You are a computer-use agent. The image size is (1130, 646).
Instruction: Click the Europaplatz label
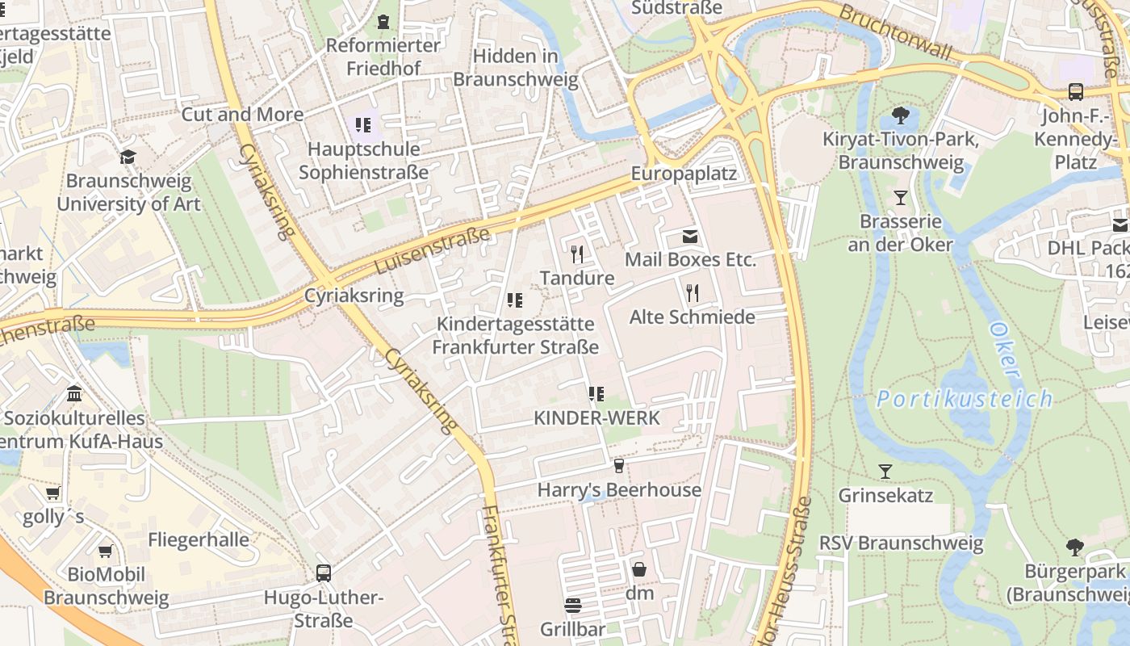tap(684, 174)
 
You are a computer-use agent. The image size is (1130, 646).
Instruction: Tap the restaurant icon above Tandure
tap(576, 254)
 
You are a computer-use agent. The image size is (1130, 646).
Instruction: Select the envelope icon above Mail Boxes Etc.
tap(690, 237)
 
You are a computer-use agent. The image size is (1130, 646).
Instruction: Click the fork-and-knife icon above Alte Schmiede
tap(692, 292)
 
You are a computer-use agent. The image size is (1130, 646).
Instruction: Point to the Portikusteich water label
tap(965, 399)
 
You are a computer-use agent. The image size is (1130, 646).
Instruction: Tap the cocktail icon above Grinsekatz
tap(885, 471)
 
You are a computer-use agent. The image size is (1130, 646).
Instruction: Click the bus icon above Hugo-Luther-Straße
tap(324, 573)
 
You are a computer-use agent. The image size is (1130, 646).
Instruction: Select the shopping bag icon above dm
tap(639, 569)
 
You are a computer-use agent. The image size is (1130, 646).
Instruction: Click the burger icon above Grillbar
tap(572, 605)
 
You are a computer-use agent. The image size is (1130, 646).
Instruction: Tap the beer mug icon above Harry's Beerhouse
tap(619, 466)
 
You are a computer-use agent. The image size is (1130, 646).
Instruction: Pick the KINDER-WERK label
tap(596, 417)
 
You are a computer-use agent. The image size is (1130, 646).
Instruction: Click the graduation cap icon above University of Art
tap(128, 157)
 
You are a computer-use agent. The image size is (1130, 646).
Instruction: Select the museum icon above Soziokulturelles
tap(74, 394)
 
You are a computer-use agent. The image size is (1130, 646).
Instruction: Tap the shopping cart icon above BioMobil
tap(106, 551)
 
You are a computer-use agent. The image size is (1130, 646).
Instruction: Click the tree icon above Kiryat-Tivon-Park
tap(901, 115)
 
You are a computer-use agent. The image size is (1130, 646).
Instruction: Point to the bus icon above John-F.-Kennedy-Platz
tap(1076, 92)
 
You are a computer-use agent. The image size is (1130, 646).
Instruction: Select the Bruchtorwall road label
tap(895, 32)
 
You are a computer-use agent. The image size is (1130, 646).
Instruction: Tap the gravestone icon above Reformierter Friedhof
tap(383, 21)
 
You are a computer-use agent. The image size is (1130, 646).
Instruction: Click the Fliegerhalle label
tap(199, 540)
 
